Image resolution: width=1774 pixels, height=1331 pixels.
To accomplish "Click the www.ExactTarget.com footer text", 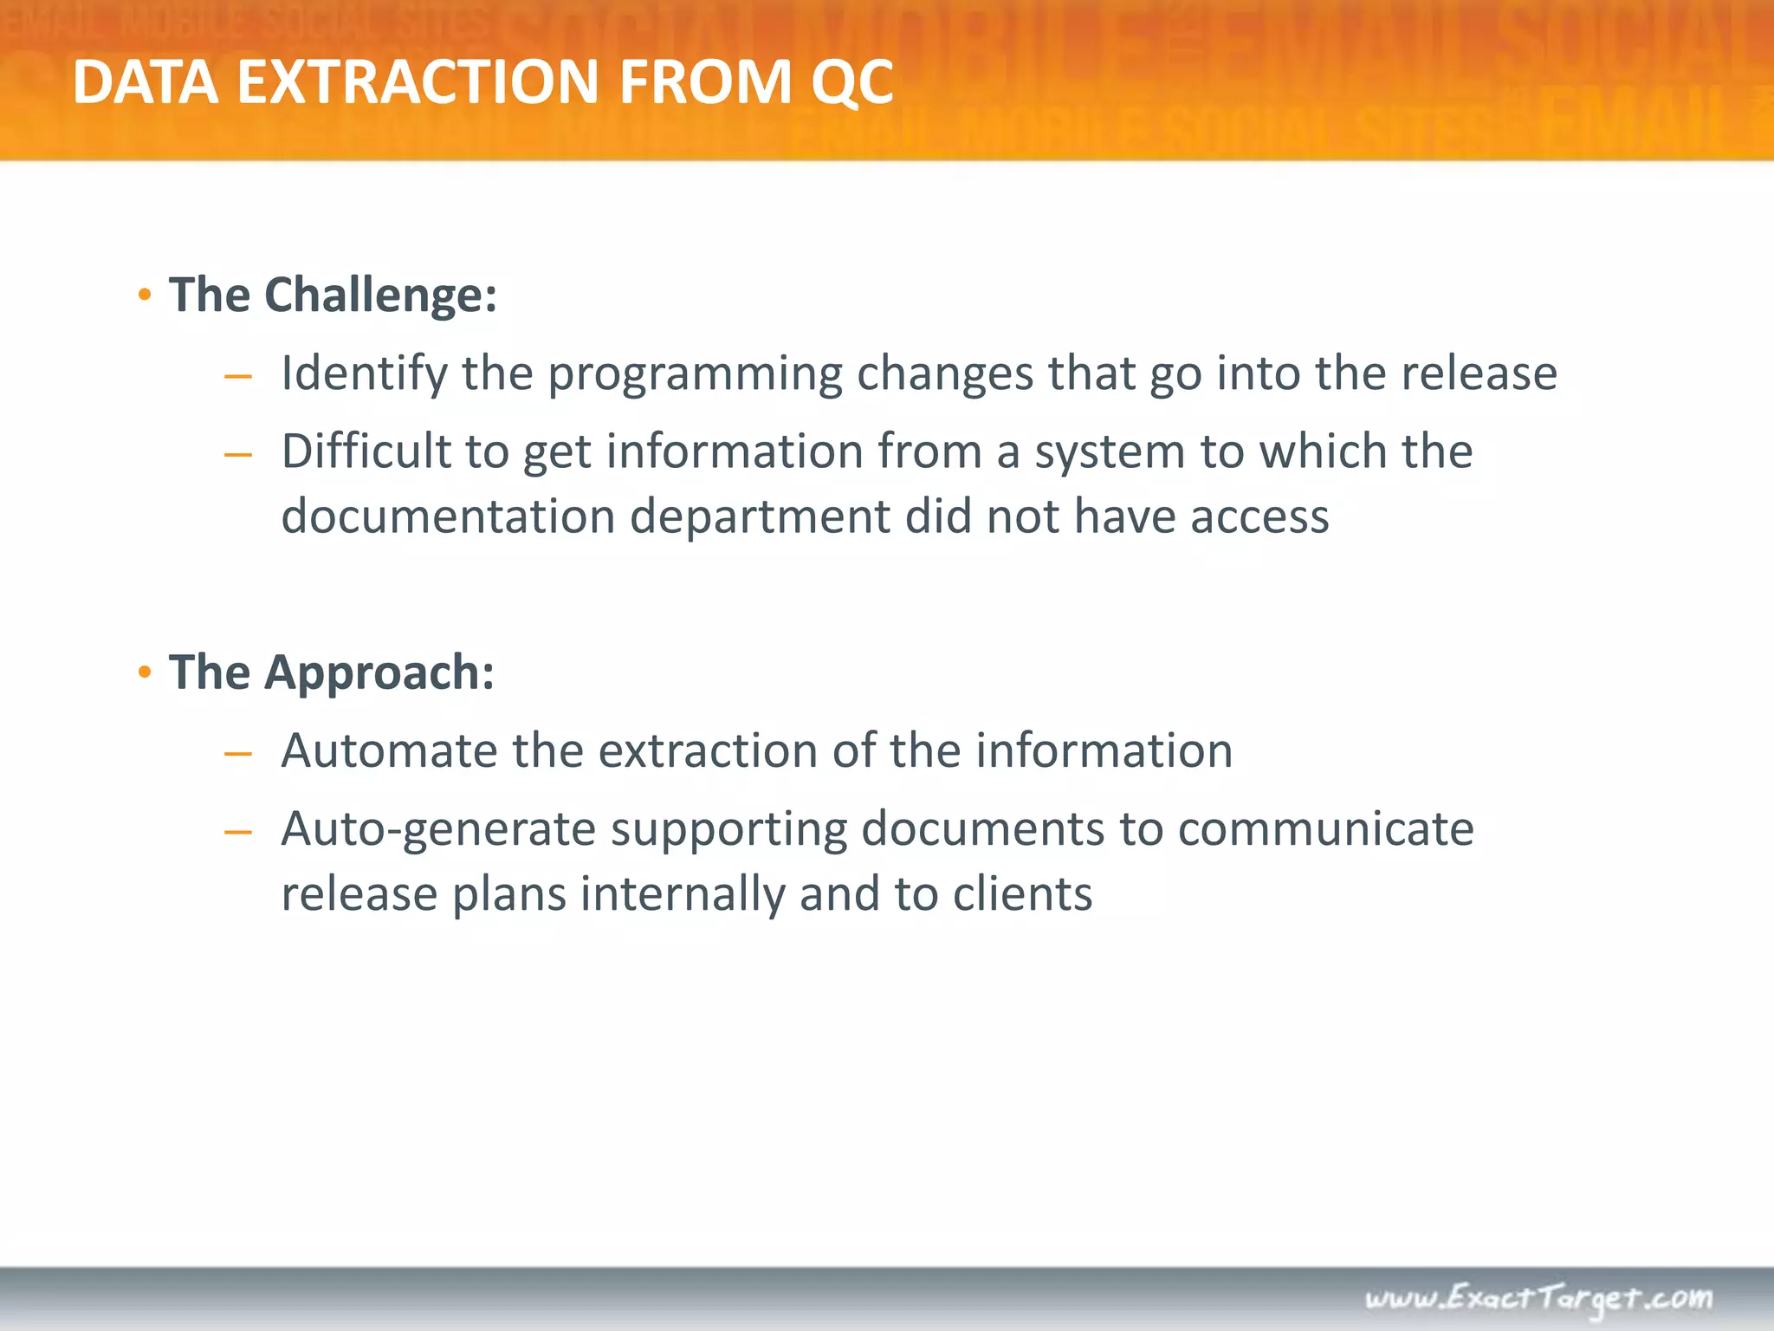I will pyautogui.click(x=1538, y=1298).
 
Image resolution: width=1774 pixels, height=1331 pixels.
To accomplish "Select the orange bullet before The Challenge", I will pyautogui.click(x=146, y=295).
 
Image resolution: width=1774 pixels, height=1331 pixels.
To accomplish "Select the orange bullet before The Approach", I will pyautogui.click(x=146, y=672).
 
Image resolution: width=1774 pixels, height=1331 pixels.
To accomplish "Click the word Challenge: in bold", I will pyautogui.click(x=380, y=295).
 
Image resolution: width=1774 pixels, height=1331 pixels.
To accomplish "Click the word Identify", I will pyautogui.click(x=364, y=374).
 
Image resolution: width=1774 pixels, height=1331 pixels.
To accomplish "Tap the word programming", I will pyautogui.click(x=695, y=374).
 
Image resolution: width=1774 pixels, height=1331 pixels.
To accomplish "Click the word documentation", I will pyautogui.click(x=448, y=516).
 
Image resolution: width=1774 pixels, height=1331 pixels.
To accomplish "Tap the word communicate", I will pyautogui.click(x=1325, y=828).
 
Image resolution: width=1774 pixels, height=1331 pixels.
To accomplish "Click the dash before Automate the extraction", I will pyautogui.click(x=237, y=754).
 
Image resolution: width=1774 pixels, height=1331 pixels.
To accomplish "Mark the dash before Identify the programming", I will pyautogui.click(x=237, y=377).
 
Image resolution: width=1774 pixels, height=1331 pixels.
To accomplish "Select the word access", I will pyautogui.click(x=1259, y=517).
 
